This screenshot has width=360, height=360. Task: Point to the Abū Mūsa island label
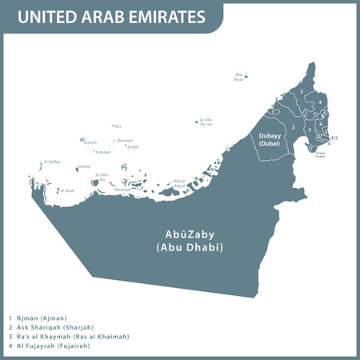point(238,77)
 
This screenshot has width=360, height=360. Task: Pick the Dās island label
point(118,126)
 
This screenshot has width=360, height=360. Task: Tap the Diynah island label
point(90,143)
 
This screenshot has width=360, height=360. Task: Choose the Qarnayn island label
point(125,140)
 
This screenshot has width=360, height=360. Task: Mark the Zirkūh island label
point(133,147)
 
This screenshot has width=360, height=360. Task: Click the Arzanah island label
point(102,152)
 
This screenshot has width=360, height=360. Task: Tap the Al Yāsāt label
point(68,190)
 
